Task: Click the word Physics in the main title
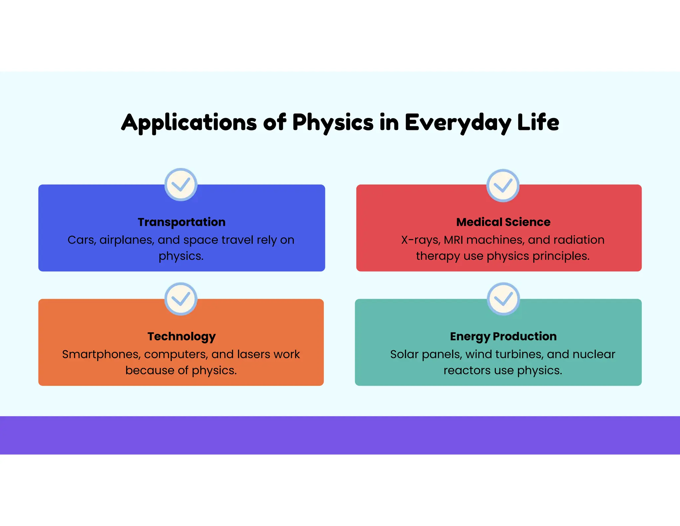point(333,123)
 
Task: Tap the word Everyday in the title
point(458,123)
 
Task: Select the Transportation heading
point(182,222)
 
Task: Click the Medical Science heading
point(503,222)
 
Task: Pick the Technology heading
point(182,336)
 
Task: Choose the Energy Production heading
point(503,336)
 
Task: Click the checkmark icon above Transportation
point(181,185)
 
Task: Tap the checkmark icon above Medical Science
point(503,186)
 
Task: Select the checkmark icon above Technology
point(181,299)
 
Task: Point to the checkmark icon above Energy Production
point(503,299)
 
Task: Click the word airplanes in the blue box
point(127,240)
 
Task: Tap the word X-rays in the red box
point(420,240)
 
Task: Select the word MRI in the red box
point(454,240)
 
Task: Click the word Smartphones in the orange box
point(101,354)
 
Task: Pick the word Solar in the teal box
point(404,354)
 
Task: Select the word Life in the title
point(538,123)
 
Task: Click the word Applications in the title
point(189,123)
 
